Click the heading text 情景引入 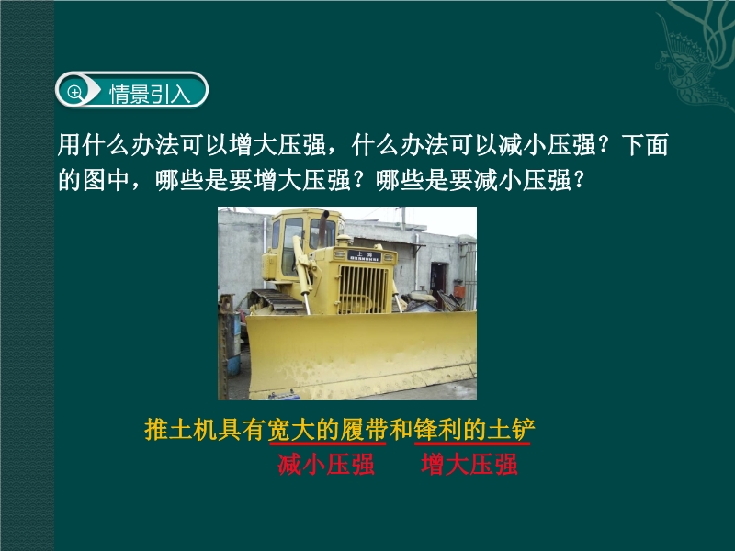(150, 94)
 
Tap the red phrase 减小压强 (326, 465)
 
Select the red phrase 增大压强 (469, 465)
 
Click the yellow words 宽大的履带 (328, 429)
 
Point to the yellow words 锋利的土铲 (474, 429)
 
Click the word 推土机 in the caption (181, 429)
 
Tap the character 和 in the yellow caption (401, 429)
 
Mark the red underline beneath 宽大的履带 (328, 444)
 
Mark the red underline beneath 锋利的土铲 (472, 444)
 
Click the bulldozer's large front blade (361, 353)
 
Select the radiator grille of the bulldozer (363, 289)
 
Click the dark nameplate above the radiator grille (364, 255)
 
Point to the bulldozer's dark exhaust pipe (323, 228)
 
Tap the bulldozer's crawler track (277, 302)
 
